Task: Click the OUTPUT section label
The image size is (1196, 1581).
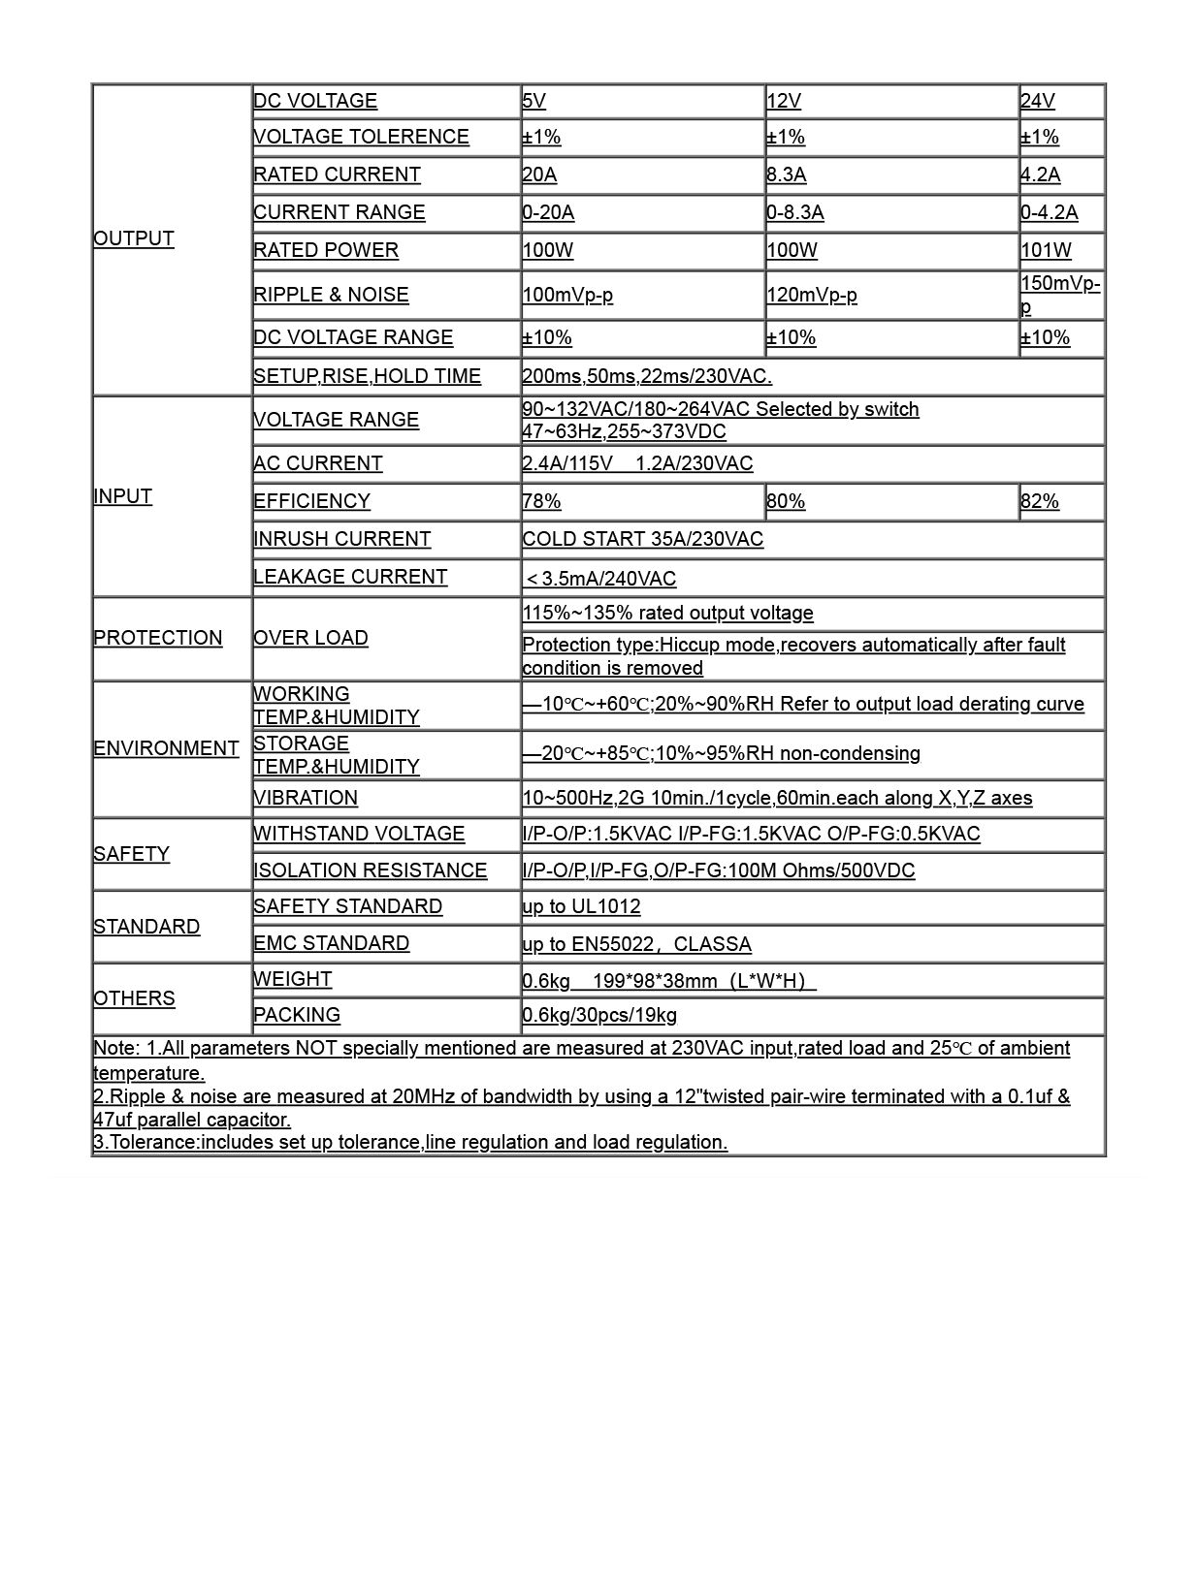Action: pos(134,238)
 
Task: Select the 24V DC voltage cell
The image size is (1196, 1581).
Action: pos(1037,101)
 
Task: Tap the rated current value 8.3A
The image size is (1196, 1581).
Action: pos(786,174)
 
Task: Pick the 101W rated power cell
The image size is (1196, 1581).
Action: pos(1046,250)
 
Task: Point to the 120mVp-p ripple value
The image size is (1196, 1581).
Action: pos(811,295)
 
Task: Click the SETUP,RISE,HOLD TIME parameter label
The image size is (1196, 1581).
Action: pos(367,376)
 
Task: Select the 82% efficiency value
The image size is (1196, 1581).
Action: pos(1039,501)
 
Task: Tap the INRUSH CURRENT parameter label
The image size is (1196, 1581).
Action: pos(341,539)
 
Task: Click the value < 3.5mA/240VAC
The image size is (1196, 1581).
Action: pos(599,579)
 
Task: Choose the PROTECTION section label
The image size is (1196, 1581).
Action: pos(157,638)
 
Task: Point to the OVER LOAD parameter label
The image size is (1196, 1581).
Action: pos(310,638)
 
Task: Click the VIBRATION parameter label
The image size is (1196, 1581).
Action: pos(306,798)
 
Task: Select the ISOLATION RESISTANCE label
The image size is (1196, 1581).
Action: pos(370,870)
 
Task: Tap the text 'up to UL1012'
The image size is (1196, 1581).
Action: pos(581,906)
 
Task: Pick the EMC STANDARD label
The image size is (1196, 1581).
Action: pos(331,943)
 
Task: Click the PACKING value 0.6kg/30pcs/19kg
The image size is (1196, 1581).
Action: pos(599,1015)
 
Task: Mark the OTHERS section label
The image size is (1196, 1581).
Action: pos(134,998)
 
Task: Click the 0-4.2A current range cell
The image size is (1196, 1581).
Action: pos(1049,212)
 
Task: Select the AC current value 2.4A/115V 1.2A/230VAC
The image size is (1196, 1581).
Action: pos(637,463)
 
